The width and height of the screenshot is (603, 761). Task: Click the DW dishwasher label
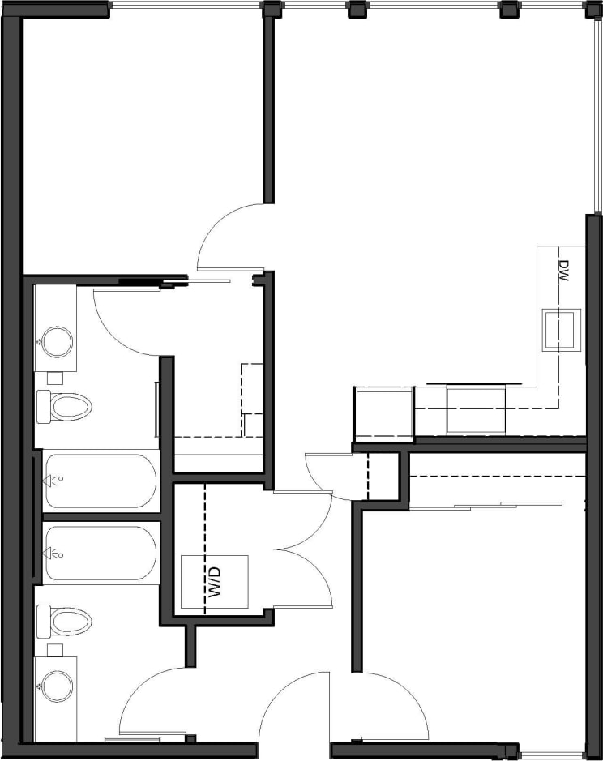pyautogui.click(x=564, y=270)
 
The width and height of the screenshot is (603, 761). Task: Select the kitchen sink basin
pyautogui.click(x=562, y=330)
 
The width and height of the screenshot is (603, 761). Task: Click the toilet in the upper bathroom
pyautogui.click(x=63, y=406)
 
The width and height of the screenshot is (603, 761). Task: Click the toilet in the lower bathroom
pyautogui.click(x=63, y=622)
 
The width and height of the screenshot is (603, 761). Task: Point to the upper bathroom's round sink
pyautogui.click(x=57, y=340)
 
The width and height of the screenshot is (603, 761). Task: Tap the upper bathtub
pyautogui.click(x=100, y=481)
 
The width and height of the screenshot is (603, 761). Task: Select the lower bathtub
pyautogui.click(x=100, y=554)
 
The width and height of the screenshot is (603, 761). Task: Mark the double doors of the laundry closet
pyautogui.click(x=304, y=551)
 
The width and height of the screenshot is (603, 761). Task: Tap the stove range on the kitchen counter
pyautogui.click(x=476, y=410)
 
